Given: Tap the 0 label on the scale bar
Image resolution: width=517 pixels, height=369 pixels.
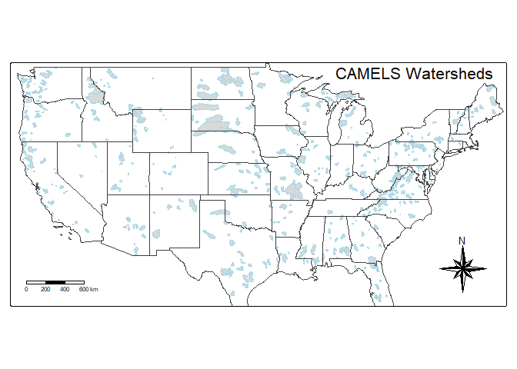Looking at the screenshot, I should coord(26,289).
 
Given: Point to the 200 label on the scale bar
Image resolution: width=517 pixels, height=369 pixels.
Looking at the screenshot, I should coord(45,289).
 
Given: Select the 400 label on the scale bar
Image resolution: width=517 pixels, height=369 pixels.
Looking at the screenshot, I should coord(65,289).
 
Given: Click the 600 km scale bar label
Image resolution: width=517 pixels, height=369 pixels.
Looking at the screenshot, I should coord(88,289).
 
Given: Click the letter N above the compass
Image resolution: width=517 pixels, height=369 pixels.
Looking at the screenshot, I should coord(462,241).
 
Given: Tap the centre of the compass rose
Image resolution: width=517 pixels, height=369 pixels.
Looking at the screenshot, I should coord(462,268).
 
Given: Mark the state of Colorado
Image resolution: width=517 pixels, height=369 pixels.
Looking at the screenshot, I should coord(178,174).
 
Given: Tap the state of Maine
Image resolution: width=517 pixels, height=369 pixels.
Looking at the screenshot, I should coord(489,104).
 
